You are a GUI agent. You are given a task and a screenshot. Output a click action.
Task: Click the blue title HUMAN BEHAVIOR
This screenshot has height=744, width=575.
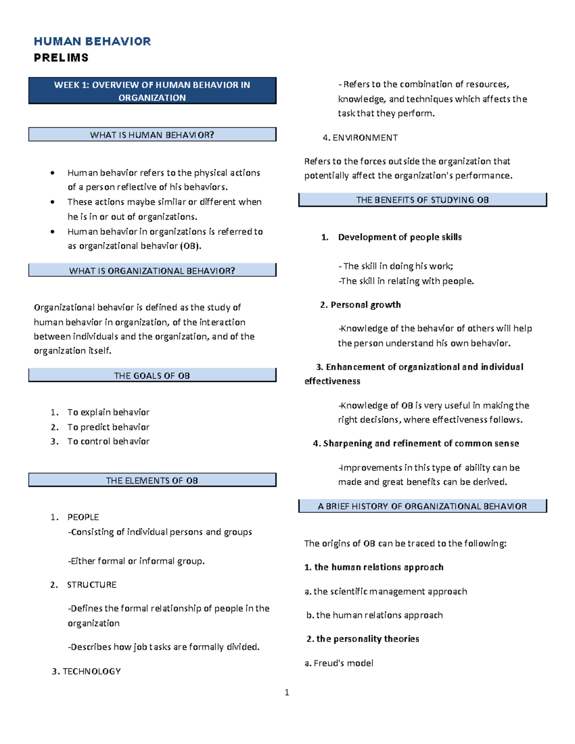click(92, 42)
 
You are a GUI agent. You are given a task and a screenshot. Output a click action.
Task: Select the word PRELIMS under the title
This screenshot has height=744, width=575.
click(61, 58)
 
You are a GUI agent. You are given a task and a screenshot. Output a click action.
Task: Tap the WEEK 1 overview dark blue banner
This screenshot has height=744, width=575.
click(152, 91)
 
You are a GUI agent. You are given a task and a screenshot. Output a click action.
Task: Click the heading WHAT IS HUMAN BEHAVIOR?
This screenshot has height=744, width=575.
click(152, 135)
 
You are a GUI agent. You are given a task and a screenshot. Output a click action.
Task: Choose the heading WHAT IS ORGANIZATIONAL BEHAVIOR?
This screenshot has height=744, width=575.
click(152, 271)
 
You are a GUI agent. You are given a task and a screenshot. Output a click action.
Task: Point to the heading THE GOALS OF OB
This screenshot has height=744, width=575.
click(152, 376)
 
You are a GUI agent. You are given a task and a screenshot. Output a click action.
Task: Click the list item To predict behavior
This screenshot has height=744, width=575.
click(108, 427)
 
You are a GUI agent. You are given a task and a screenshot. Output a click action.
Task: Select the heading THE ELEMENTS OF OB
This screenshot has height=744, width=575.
click(152, 481)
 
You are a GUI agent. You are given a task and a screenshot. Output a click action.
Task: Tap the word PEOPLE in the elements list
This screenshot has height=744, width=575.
click(83, 517)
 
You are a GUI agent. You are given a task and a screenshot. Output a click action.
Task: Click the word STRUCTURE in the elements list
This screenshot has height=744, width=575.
click(92, 585)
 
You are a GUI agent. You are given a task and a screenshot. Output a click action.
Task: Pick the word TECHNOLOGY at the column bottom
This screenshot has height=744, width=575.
click(92, 672)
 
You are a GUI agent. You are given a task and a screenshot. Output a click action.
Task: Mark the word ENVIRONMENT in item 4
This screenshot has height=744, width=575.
click(365, 138)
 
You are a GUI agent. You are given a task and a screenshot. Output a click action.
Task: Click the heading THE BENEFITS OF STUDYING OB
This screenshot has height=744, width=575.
click(422, 200)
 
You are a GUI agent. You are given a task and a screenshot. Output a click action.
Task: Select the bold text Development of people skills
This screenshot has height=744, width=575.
click(400, 237)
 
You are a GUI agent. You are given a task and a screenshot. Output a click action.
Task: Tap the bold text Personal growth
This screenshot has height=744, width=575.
click(366, 305)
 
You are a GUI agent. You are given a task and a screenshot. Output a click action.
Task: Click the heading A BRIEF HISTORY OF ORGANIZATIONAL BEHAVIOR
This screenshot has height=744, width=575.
click(422, 506)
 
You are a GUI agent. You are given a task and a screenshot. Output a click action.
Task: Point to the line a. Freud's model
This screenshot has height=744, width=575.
click(339, 664)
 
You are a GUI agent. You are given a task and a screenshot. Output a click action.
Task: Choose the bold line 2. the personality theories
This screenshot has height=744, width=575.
click(363, 639)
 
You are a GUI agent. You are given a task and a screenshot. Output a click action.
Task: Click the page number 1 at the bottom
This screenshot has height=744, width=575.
click(287, 692)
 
